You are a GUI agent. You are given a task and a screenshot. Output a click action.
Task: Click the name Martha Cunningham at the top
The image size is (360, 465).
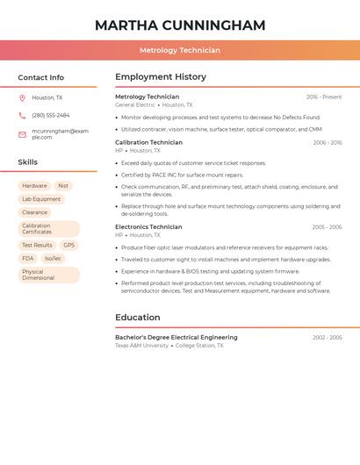point(179,25)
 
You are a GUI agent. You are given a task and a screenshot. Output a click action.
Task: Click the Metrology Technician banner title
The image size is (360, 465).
point(179,51)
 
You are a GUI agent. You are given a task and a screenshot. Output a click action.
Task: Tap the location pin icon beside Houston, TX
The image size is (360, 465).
point(22,98)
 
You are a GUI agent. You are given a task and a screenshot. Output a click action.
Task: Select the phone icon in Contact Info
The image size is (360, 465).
point(22,116)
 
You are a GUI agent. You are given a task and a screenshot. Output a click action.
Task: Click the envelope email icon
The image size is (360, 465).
point(22,134)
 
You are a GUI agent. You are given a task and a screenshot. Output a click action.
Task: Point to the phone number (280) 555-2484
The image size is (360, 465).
point(51,116)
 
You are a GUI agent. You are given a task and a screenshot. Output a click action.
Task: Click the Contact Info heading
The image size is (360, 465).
point(40,77)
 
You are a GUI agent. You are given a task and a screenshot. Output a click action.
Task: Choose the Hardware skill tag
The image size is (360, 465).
point(34,186)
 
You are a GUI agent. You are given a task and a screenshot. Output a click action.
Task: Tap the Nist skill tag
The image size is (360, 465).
point(63,186)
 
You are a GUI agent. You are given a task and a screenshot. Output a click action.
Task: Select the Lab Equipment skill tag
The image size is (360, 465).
point(41,199)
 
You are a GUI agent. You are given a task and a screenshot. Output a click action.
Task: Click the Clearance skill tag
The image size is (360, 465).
point(35,212)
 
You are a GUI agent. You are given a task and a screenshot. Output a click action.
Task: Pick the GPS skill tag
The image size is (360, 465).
point(69,246)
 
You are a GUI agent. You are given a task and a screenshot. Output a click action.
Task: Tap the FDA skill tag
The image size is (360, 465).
point(28,259)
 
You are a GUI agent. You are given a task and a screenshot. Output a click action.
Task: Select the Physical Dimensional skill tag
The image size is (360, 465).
point(39,275)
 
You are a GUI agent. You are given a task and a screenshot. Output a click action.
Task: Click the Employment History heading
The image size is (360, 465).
point(161,77)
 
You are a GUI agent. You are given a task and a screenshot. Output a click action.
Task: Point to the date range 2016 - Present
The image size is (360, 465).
point(324,97)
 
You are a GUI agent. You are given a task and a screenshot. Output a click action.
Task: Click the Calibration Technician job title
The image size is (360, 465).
point(148,142)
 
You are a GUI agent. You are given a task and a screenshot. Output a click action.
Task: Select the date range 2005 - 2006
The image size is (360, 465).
point(327,227)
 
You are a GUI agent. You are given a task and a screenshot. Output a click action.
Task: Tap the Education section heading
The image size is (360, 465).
point(138,318)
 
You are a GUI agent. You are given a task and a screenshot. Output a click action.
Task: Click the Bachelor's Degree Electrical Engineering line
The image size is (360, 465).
point(176,338)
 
